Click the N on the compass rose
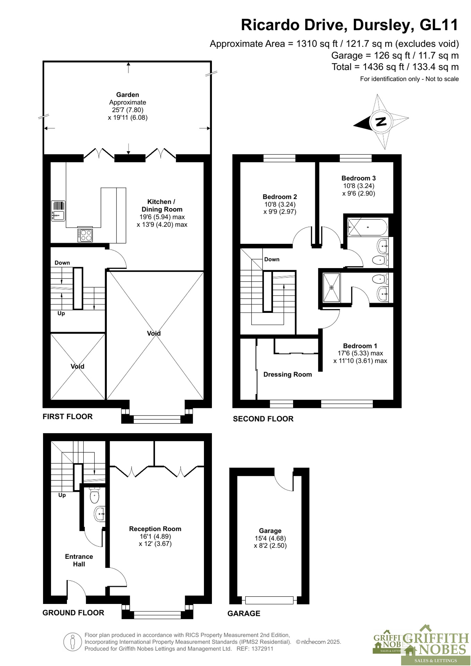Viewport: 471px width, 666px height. tap(381, 121)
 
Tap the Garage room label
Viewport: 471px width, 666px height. tap(270, 531)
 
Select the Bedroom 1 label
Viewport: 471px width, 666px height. tap(360, 346)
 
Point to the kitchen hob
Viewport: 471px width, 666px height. tap(85, 236)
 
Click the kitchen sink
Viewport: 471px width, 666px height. tap(58, 211)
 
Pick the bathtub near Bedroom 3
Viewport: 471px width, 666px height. tap(367, 228)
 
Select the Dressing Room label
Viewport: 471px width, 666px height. tap(288, 374)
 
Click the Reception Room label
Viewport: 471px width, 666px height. tap(155, 529)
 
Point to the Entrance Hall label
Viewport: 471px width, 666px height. tap(79, 560)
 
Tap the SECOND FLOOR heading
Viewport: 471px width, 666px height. tap(263, 419)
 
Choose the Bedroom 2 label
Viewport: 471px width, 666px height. tap(280, 197)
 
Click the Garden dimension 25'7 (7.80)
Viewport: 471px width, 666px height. tap(128, 110)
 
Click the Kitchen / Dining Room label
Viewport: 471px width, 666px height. tap(162, 205)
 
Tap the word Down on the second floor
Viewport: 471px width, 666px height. tap(272, 259)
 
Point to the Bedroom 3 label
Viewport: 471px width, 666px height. tap(359, 178)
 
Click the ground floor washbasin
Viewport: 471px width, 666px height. tap(100, 514)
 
